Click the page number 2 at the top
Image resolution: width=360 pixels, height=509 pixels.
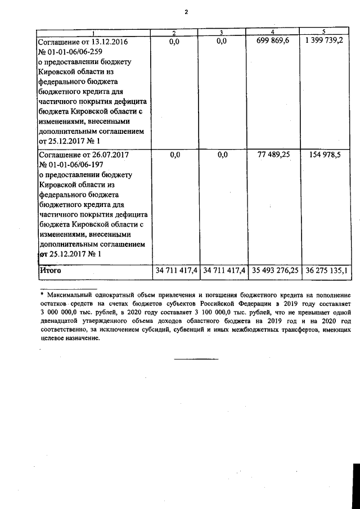tap(185, 12)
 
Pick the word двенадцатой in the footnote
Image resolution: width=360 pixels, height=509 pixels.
tap(61, 321)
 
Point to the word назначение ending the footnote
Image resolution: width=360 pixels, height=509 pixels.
tap(79, 339)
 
